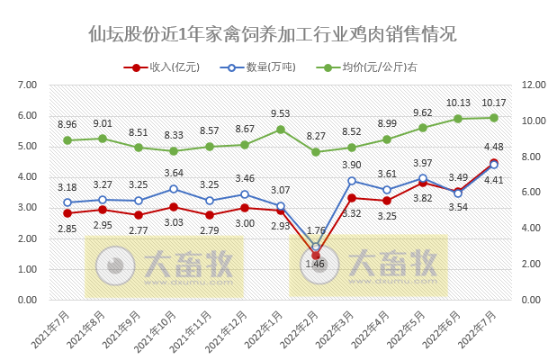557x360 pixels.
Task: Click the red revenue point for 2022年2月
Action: (x=316, y=256)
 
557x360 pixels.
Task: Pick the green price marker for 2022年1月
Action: (x=280, y=130)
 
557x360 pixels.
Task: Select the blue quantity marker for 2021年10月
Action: (x=174, y=189)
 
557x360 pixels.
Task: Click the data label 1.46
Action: (x=316, y=265)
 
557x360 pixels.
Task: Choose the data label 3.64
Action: (x=174, y=173)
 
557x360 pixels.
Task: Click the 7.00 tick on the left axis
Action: (x=27, y=85)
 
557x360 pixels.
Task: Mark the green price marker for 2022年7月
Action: (x=494, y=118)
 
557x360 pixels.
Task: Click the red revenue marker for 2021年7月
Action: (x=67, y=213)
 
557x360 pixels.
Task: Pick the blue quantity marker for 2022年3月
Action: (x=351, y=181)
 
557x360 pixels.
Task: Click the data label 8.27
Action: (x=316, y=137)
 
